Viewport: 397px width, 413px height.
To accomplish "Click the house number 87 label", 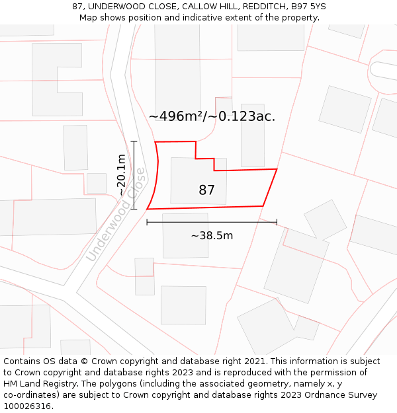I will click(206, 190).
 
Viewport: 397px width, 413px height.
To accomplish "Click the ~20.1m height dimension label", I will click(121, 174).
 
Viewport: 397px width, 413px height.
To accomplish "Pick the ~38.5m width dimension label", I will click(212, 235).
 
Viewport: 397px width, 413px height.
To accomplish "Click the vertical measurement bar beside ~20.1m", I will click(134, 175).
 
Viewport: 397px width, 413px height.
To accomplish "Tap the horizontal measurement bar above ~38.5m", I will click(212, 223).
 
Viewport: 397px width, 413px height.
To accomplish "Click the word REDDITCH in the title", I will click(255, 7).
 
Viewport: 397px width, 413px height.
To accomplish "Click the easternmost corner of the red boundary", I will click(277, 169).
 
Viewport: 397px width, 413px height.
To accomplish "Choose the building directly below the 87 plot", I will click(185, 235).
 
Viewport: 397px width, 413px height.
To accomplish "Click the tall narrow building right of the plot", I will click(252, 135).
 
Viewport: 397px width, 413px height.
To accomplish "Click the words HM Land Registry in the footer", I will click(33, 384).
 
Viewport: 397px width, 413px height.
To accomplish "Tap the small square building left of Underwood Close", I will click(97, 183).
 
